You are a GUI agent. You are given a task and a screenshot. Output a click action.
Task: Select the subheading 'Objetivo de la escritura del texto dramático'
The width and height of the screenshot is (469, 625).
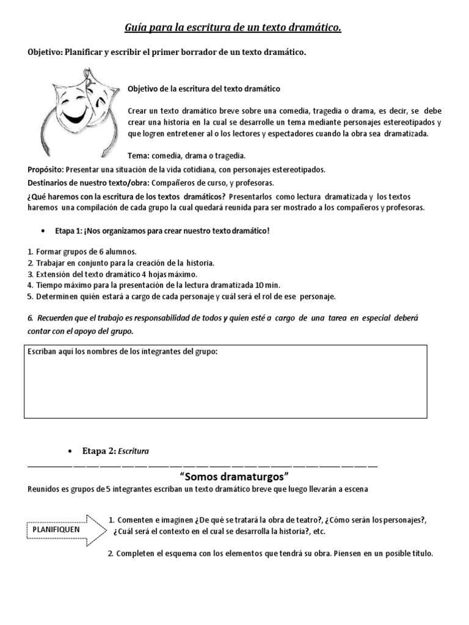point(203,89)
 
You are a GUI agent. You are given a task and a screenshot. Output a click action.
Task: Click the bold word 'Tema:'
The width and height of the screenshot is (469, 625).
point(139,156)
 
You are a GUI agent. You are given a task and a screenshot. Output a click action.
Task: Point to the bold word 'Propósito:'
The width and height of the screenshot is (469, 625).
point(46,169)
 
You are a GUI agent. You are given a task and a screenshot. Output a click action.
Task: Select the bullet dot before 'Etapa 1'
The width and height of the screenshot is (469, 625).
point(43,231)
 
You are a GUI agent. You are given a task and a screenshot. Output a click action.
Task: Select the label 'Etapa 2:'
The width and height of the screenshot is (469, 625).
point(98,451)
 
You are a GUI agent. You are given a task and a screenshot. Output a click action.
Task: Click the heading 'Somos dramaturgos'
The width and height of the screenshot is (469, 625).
point(234,475)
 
